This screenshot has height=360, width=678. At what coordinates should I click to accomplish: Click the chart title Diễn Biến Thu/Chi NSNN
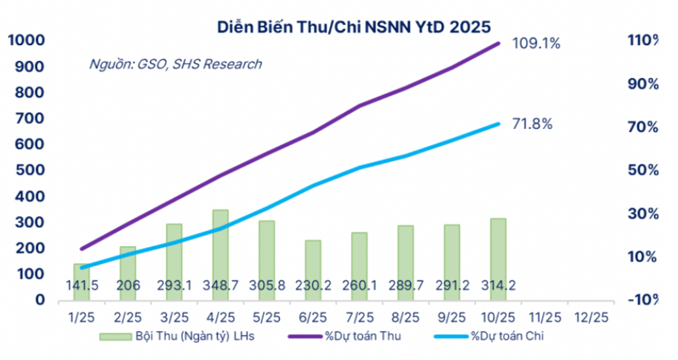355,27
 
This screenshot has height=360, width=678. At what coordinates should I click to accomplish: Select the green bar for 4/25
220,249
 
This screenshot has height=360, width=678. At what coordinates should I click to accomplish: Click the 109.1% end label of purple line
536,43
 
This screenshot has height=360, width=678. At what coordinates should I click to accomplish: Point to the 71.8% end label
532,124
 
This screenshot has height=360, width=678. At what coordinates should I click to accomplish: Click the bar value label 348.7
220,285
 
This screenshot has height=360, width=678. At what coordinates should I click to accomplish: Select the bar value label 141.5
82,285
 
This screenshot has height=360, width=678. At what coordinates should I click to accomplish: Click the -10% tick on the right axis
641,300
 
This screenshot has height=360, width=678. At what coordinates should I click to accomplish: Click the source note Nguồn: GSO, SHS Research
175,64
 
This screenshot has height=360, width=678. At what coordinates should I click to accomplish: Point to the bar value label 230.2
313,285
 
